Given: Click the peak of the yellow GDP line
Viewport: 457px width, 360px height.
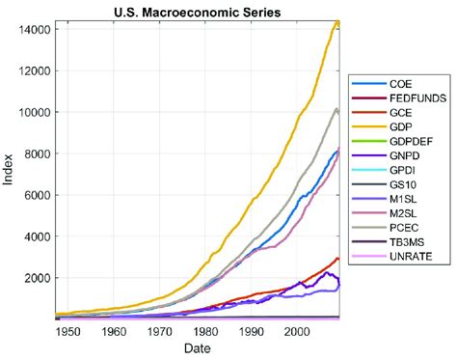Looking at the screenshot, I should (337, 22).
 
